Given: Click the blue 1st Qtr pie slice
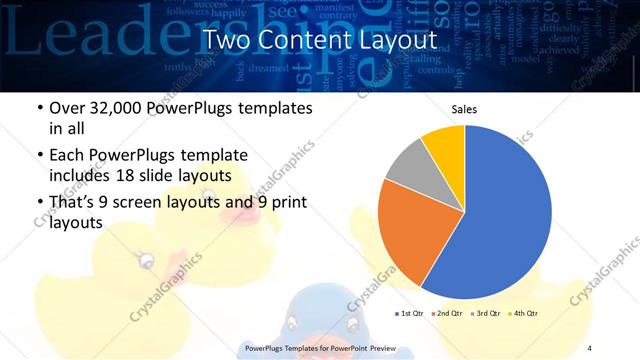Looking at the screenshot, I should coord(505,220).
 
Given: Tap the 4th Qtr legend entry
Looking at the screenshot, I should coord(522,313).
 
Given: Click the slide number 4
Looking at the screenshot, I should coord(590,347).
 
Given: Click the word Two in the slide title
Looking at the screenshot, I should coord(227,41).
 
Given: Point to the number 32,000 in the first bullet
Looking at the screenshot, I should coord(114,108).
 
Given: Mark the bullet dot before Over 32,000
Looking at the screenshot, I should coord(39,108).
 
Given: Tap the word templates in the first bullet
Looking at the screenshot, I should coord(277,108).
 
